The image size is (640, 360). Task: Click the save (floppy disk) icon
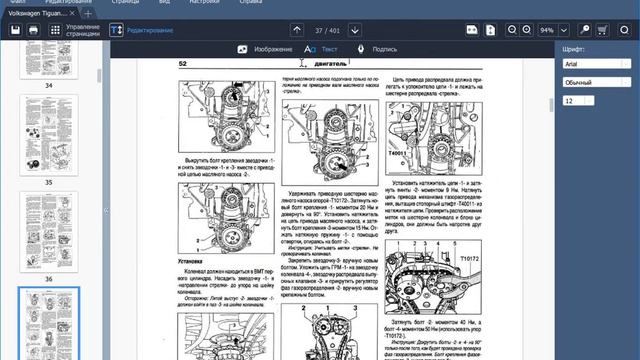[x=15, y=30]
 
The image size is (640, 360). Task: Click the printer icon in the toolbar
[x=33, y=30]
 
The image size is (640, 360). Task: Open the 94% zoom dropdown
[x=549, y=30]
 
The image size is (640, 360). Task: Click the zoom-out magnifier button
[x=511, y=30]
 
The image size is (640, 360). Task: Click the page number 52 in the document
[x=183, y=64]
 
